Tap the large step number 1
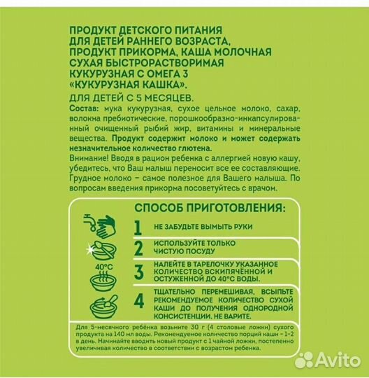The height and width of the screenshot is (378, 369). (138, 227)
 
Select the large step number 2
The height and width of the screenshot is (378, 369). (138, 248)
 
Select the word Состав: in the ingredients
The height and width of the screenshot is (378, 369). (87, 111)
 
